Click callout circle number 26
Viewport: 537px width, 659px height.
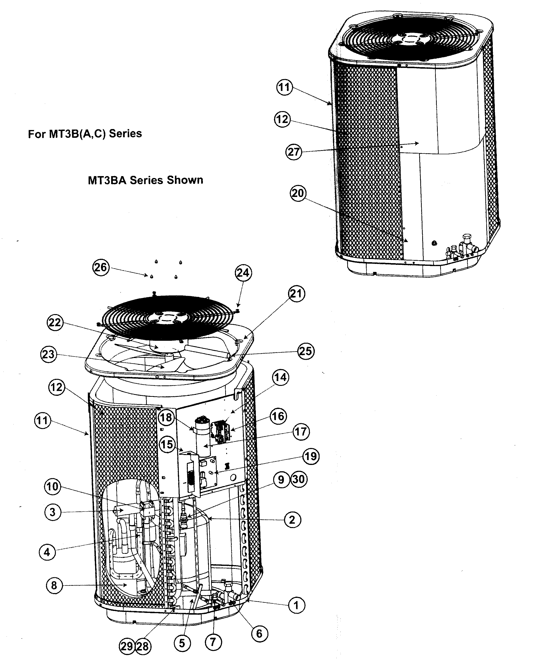point(101,267)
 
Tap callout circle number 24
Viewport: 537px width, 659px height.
point(243,273)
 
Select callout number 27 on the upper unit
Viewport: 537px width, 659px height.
point(294,152)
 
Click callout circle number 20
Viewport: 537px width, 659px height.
point(298,193)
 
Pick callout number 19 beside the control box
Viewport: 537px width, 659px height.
point(311,456)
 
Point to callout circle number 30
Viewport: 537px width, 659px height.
point(299,479)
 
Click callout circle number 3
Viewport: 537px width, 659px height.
point(53,512)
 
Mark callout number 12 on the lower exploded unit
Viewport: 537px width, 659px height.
point(57,387)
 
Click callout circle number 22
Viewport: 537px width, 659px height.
point(55,323)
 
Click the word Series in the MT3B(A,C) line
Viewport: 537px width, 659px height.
point(125,134)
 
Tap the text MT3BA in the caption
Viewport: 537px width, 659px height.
point(107,180)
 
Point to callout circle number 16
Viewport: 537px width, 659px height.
point(278,416)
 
